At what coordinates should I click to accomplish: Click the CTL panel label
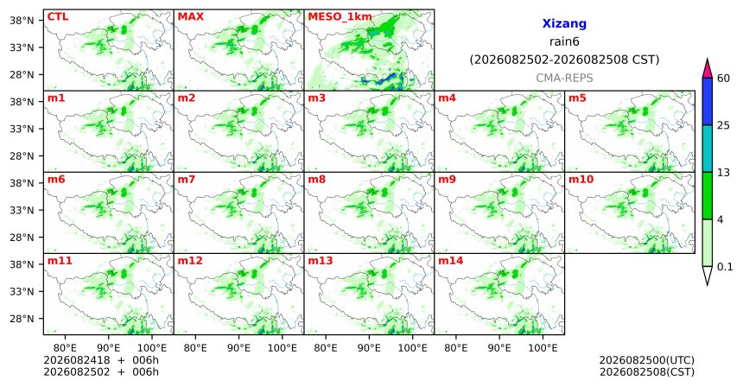[x=58, y=17]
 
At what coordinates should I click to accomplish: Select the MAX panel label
[x=190, y=17]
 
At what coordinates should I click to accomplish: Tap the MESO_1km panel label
[x=340, y=17]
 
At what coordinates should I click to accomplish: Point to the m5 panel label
[x=577, y=98]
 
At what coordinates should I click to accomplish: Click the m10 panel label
[x=581, y=180]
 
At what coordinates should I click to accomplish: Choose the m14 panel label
[x=450, y=261]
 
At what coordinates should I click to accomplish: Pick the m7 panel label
[x=187, y=180]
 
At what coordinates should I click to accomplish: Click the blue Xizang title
[x=564, y=23]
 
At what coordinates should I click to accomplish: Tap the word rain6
[x=564, y=41]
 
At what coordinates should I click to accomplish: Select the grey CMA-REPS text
[x=564, y=78]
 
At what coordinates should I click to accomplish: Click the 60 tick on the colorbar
[x=723, y=78]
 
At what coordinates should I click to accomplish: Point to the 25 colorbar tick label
[x=723, y=125]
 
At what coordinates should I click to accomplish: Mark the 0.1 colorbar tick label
[x=725, y=267]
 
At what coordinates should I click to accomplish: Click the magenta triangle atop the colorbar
[x=708, y=69]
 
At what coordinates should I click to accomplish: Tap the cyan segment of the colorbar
[x=708, y=149]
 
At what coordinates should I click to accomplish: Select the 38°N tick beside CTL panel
[x=22, y=21]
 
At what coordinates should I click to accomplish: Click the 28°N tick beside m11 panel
[x=22, y=319]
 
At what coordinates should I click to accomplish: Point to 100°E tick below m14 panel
[x=543, y=348]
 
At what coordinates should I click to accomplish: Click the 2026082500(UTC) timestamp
[x=647, y=361]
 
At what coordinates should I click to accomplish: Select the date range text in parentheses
[x=564, y=60]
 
